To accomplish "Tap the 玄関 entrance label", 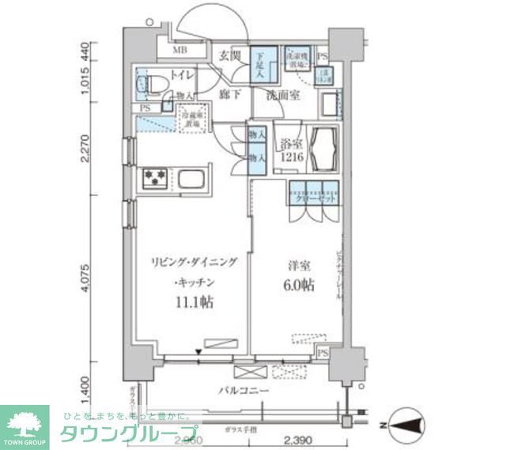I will tap(230, 56).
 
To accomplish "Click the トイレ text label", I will tap(179, 78).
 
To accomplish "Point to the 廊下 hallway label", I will tap(229, 93).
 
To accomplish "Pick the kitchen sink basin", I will tap(191, 180).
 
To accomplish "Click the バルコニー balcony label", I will tap(244, 391).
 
